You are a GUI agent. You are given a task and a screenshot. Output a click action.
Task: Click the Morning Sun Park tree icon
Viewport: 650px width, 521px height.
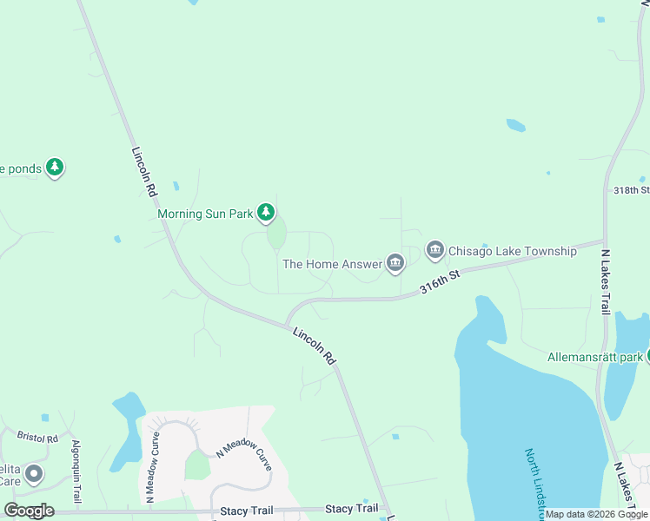266,212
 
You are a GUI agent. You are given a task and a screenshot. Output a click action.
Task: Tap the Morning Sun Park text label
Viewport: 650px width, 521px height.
204,213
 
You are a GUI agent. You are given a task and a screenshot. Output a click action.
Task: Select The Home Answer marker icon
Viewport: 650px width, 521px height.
395,262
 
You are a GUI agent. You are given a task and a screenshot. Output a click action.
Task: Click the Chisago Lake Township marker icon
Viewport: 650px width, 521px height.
435,251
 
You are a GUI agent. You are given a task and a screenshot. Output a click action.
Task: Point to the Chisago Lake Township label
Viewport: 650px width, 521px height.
512,252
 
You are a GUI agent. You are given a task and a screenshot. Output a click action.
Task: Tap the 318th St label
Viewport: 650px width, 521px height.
631,190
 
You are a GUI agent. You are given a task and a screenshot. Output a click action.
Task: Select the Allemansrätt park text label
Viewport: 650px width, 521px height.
595,357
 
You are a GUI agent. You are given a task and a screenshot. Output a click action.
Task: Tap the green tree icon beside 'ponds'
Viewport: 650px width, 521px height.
55,167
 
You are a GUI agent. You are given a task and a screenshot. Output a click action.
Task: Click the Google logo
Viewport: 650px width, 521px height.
29,511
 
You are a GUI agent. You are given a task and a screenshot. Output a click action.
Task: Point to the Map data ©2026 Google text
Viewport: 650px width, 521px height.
597,514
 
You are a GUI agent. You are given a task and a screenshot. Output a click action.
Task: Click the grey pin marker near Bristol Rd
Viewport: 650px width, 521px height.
33,475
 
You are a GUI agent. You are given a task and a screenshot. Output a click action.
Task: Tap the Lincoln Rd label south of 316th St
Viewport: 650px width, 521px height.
314,345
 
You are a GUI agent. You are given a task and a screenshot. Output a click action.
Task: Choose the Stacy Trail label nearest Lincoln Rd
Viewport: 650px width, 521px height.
352,508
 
